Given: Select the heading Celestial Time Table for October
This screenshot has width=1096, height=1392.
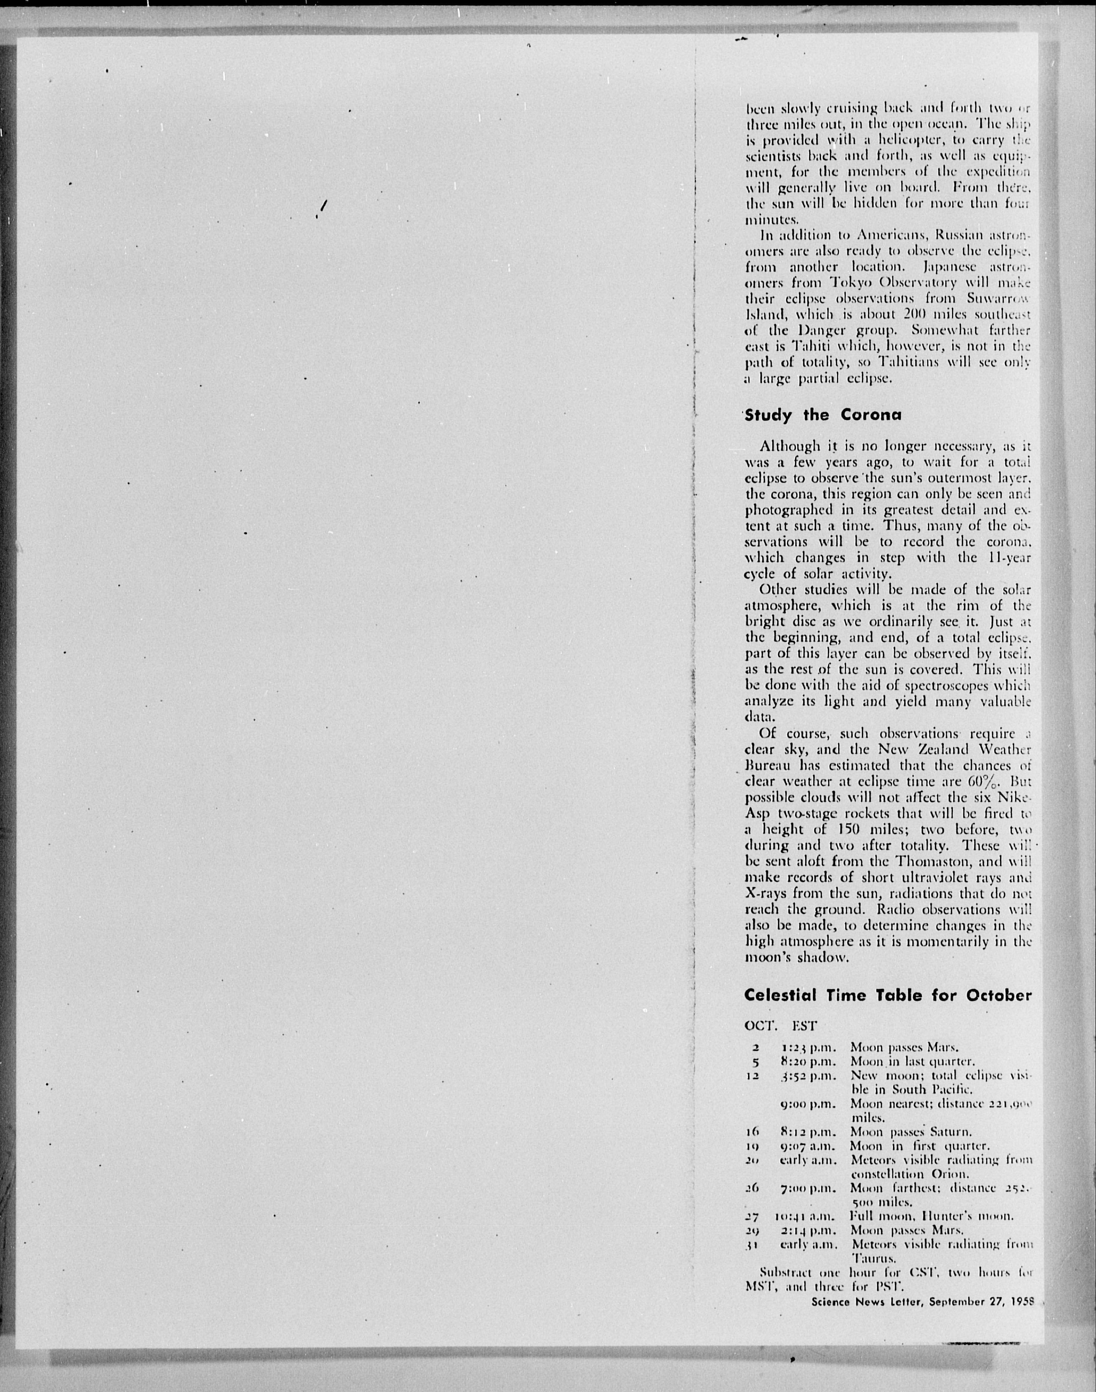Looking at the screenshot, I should [887, 995].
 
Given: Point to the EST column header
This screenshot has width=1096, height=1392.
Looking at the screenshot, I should [804, 1026].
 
